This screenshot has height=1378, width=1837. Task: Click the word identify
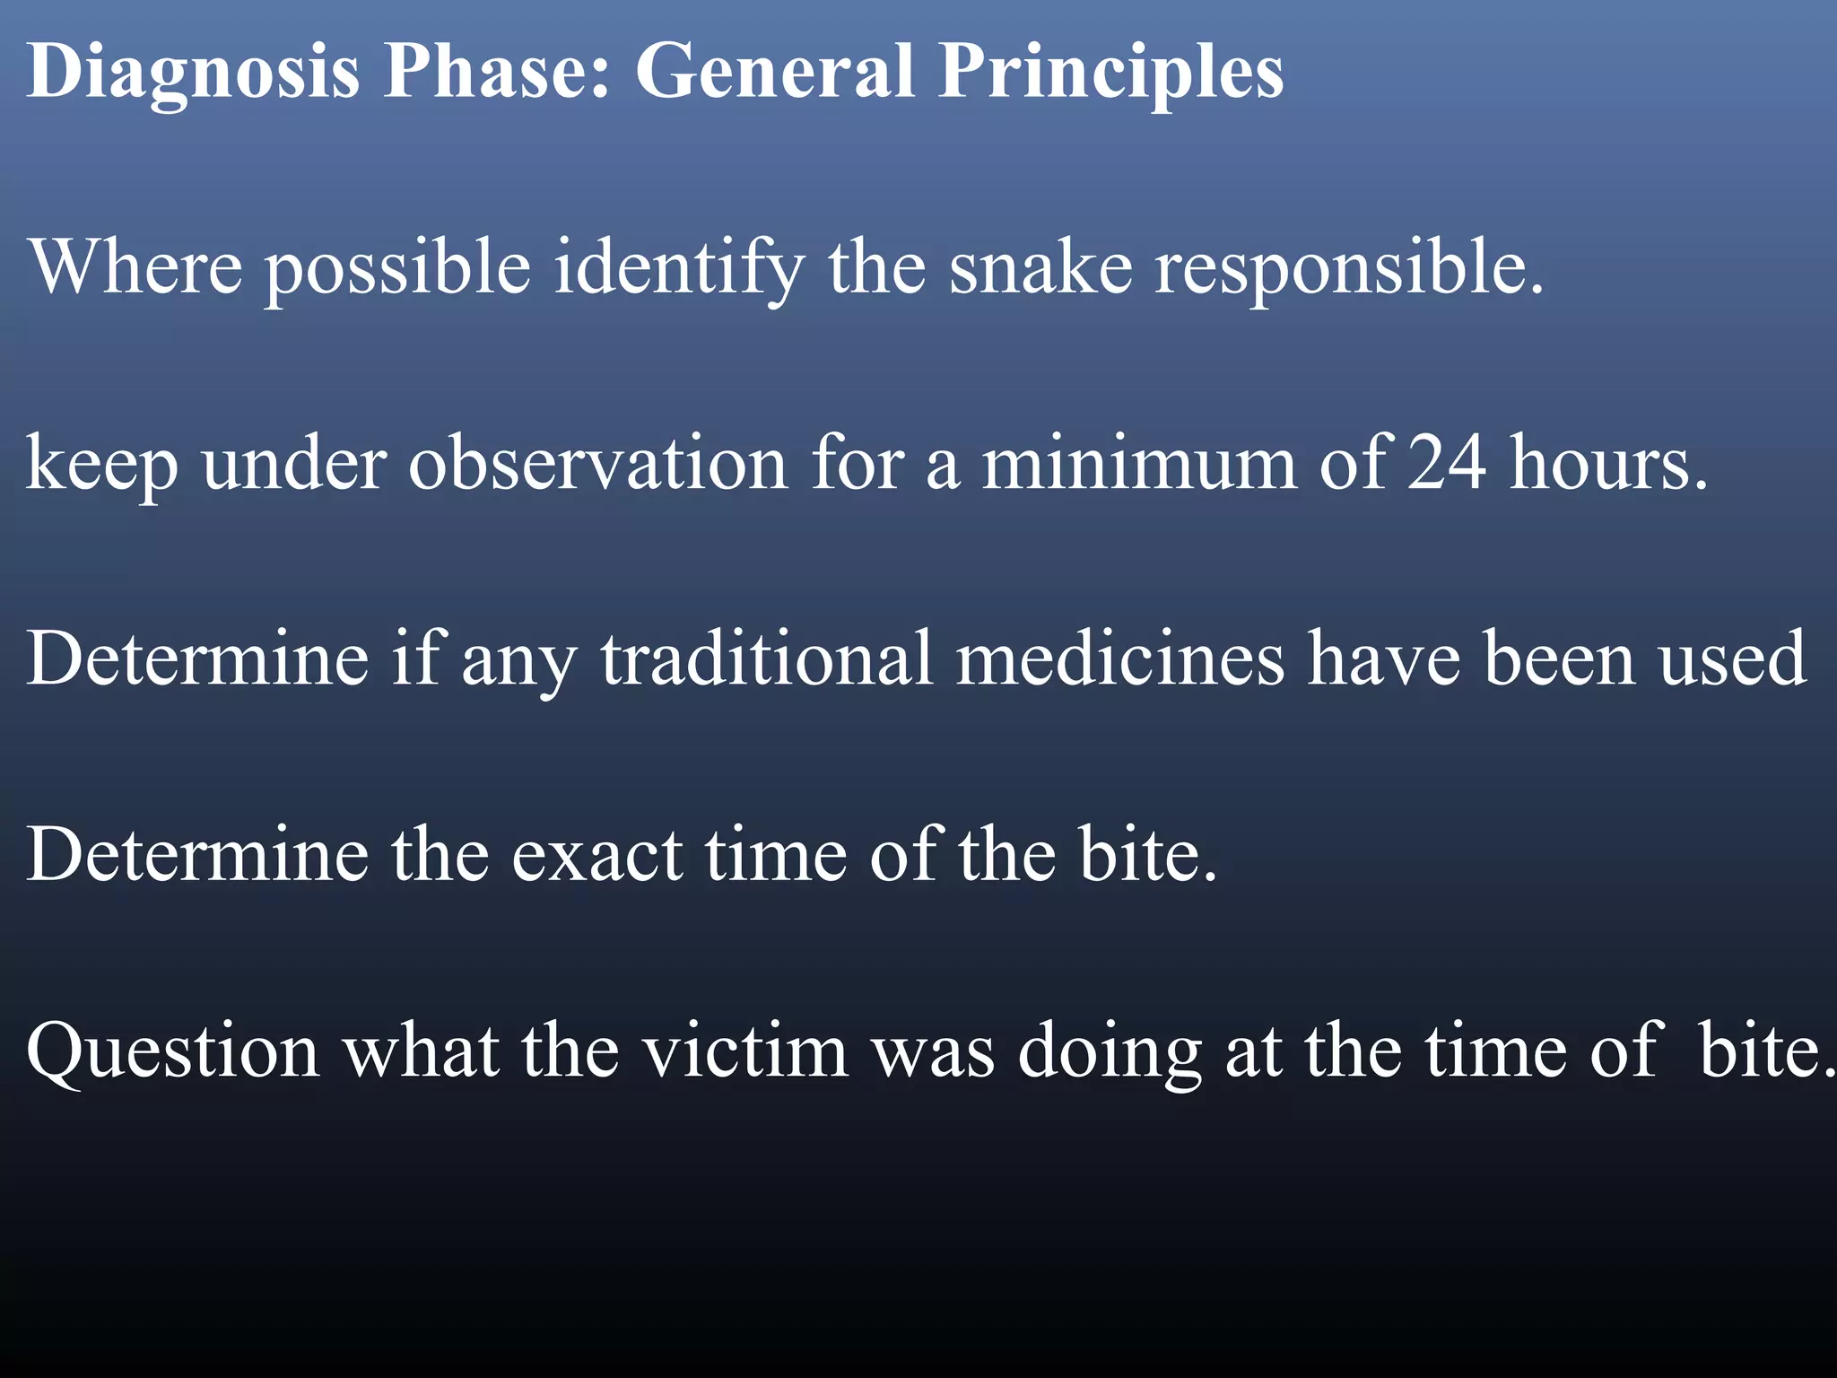pos(678,269)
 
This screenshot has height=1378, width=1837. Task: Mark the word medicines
pos(1119,659)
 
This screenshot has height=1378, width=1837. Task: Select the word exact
pos(597,856)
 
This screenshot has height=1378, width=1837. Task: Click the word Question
pos(173,1051)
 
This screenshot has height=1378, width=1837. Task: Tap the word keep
pos(101,465)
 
